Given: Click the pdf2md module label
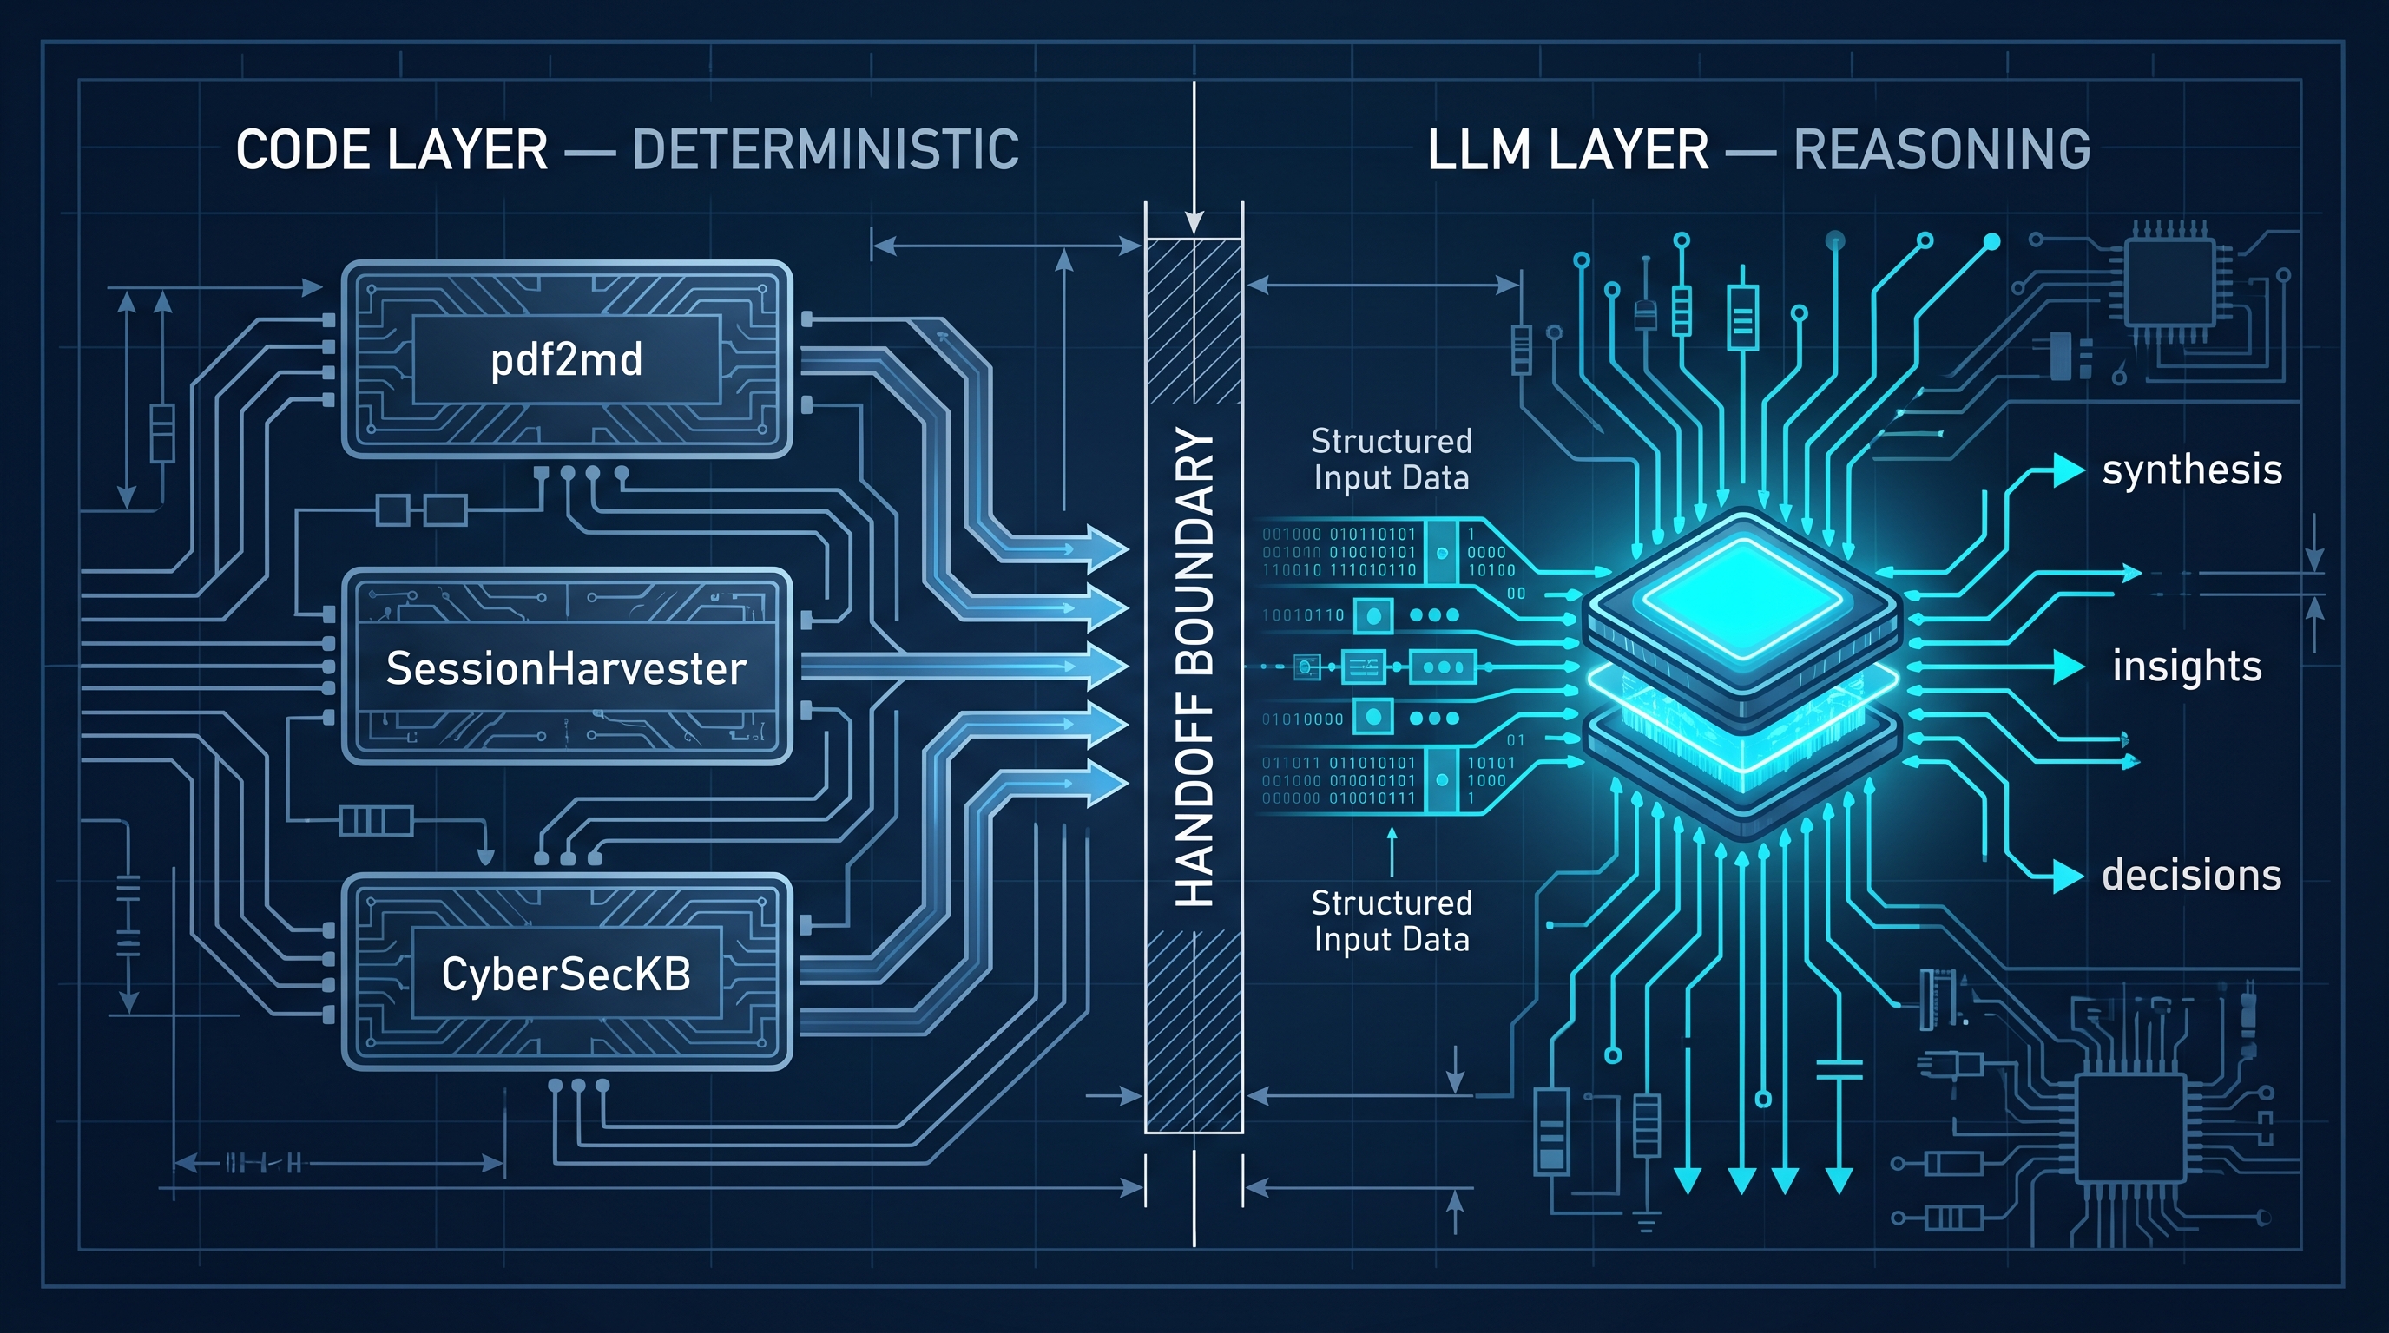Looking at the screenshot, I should click(566, 359).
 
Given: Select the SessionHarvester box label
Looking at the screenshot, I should click(566, 668).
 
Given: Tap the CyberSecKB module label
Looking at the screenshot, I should click(566, 975).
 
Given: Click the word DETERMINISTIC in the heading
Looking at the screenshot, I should click(825, 150).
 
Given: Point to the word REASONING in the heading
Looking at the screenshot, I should click(1941, 150).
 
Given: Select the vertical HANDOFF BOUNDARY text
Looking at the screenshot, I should click(1194, 667).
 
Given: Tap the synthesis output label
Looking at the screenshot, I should click(2191, 470).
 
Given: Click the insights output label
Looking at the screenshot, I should click(2187, 666).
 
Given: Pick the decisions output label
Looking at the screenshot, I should click(2191, 875).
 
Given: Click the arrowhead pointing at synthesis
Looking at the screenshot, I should click(2069, 470).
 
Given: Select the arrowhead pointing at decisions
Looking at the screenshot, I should click(2069, 875).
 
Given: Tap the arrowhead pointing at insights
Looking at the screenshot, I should click(2069, 666).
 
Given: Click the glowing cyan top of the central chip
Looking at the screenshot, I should click(1743, 594).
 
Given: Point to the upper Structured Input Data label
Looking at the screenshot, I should click(1391, 459).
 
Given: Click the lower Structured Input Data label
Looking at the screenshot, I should click(1391, 921).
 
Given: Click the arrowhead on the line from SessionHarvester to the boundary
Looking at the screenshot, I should click(1108, 666).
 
